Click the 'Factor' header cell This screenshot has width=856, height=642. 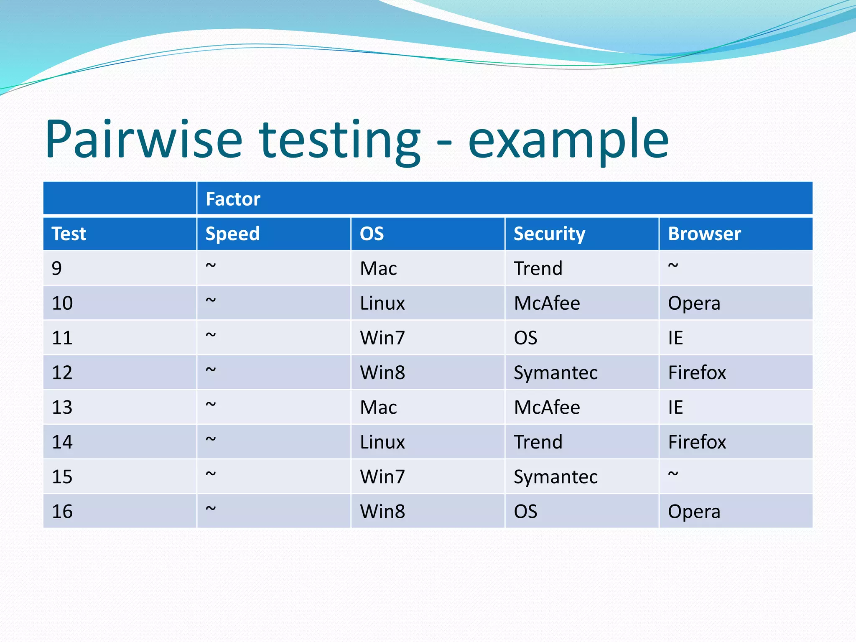233,199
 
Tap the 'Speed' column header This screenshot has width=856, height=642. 232,234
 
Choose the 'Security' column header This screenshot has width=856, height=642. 549,234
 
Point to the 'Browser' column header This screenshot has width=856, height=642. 704,234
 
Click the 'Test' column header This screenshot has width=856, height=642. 69,234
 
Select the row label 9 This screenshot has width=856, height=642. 57,268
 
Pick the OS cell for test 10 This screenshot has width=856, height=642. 382,303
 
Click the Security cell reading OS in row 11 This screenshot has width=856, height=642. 525,338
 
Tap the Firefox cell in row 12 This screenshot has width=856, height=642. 697,372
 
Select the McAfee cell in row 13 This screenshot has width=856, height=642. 547,407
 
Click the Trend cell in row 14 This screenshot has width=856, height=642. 538,442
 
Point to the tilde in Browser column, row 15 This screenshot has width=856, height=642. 673,474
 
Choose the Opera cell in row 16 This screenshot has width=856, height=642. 694,512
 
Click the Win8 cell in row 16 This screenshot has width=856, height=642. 382,512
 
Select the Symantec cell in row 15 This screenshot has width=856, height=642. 555,477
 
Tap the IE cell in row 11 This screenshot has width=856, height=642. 675,338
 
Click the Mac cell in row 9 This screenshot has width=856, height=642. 378,268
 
